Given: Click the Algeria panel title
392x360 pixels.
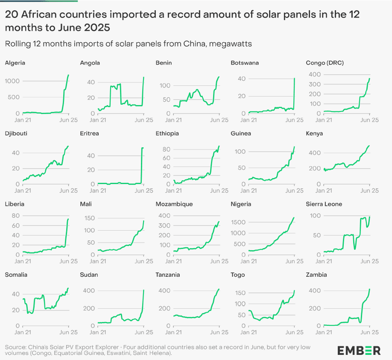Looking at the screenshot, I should [x=15, y=63].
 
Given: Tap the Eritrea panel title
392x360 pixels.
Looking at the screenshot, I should [x=89, y=133].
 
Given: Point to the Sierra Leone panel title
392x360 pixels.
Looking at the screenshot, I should [x=324, y=204].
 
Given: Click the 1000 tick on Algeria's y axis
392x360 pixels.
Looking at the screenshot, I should [x=12, y=81].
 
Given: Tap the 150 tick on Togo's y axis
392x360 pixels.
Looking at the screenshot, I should [x=240, y=293].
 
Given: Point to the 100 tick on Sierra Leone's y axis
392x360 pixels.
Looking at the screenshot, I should [x=315, y=215].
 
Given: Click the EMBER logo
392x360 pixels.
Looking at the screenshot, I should [x=359, y=351].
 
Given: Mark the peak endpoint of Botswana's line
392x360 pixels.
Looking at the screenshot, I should [x=295, y=79].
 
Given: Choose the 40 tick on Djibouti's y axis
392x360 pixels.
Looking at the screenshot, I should [x=15, y=152].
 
